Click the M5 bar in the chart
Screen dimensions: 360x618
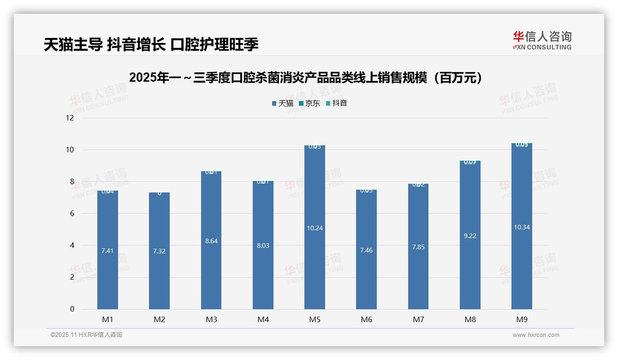click(x=315, y=258)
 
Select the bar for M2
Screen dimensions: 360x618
click(x=159, y=277)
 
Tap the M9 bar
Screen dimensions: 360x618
click(x=522, y=268)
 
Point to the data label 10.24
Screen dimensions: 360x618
click(x=315, y=228)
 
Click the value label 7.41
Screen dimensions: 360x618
click(x=107, y=251)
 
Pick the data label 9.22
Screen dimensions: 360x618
click(x=470, y=236)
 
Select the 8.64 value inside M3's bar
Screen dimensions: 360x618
click(x=211, y=241)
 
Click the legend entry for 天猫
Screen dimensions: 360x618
click(x=282, y=103)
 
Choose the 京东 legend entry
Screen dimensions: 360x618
click(x=309, y=103)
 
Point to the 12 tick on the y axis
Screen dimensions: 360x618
click(x=70, y=118)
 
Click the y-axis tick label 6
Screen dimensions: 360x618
click(x=72, y=214)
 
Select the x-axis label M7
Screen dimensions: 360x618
click(x=418, y=319)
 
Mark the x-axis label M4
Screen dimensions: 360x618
click(x=263, y=319)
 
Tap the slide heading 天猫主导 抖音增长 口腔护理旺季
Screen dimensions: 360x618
click(x=151, y=44)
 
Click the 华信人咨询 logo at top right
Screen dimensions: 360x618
click(x=542, y=40)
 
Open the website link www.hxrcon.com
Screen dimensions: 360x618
click(x=536, y=335)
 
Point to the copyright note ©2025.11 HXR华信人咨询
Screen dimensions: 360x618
click(x=86, y=335)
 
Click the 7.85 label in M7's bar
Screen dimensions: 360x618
click(x=418, y=247)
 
